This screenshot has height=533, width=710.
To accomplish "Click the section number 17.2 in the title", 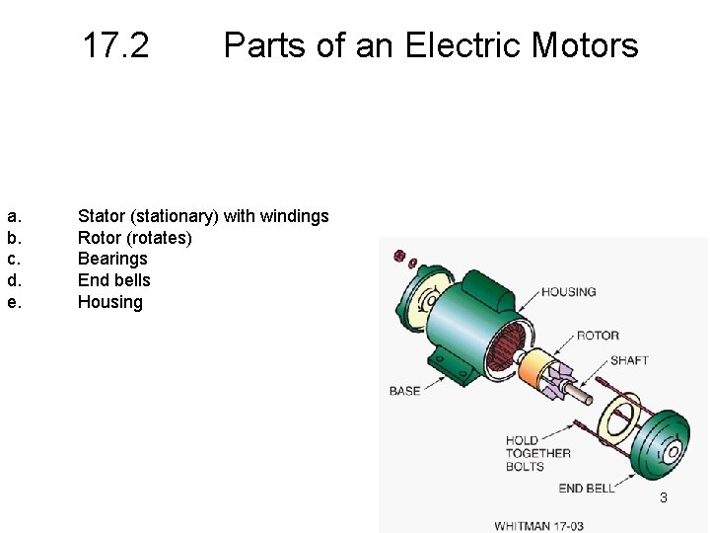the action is [115, 45].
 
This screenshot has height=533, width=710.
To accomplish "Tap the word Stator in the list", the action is [102, 215].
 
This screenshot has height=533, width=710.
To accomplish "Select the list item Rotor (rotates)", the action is [134, 238].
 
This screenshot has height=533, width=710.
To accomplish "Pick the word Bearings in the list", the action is [112, 259].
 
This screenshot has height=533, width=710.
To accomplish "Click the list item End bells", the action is [114, 280].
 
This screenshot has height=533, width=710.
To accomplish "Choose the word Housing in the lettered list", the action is [110, 302].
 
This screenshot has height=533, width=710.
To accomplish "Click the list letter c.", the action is [14, 259].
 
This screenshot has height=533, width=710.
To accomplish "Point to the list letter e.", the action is [14, 302].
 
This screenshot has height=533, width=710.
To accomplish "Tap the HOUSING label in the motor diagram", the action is [569, 292].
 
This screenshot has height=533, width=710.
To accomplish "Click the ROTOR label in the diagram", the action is [598, 336].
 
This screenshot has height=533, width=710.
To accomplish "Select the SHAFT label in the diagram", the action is [629, 360].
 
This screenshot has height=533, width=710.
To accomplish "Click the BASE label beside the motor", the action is [404, 391].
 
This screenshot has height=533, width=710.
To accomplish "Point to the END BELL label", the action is [587, 488].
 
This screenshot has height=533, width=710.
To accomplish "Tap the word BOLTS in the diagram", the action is [525, 466].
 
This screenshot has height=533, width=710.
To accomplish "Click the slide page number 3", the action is [664, 498].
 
